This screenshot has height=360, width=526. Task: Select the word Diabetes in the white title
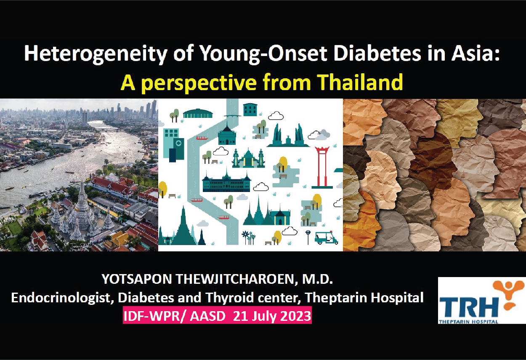tap(377, 53)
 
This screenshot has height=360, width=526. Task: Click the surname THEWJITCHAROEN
tap(235, 279)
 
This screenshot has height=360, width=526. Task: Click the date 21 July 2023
tap(272, 316)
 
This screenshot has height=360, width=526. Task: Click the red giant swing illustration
tap(322, 167)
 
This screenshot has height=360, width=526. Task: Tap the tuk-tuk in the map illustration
tap(326, 237)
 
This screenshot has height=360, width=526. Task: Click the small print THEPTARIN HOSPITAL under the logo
tap(469, 322)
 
